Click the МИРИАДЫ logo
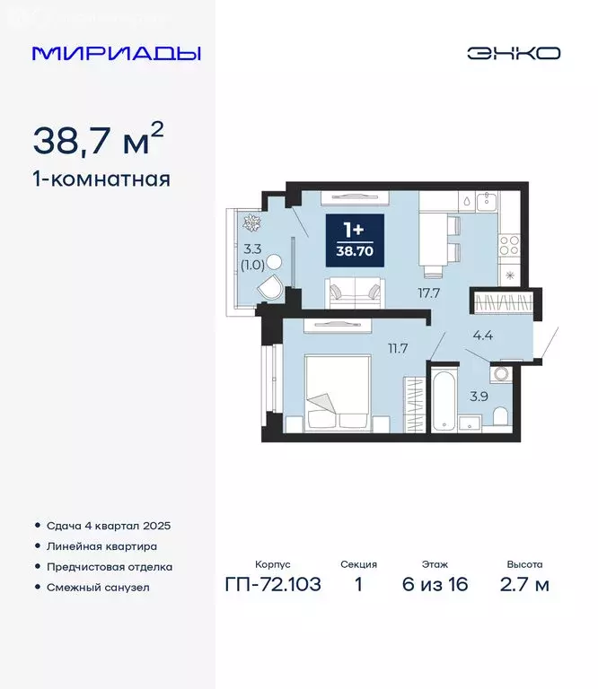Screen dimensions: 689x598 point(117,53)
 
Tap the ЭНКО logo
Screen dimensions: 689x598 point(513,53)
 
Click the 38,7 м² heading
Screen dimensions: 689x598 point(99,140)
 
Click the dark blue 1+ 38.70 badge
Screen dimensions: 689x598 point(355,240)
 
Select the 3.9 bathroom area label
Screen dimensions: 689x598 point(480,396)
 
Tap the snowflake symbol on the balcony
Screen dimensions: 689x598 point(252,222)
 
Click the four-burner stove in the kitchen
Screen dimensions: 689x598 point(508,241)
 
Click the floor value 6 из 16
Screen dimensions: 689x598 point(435,586)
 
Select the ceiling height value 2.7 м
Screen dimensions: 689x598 point(524,586)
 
